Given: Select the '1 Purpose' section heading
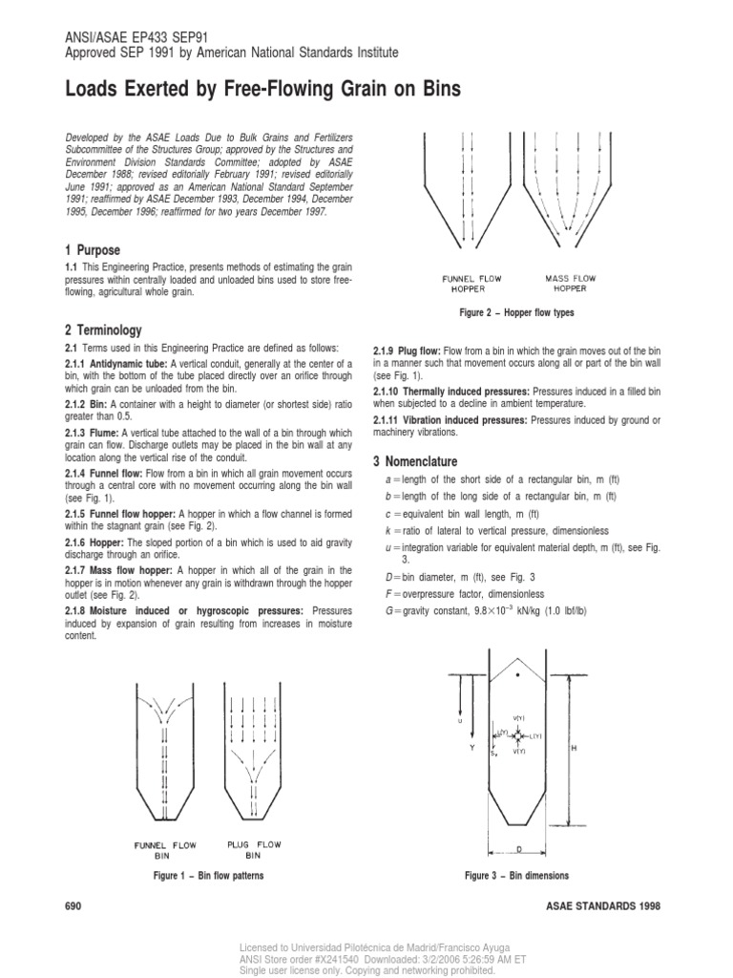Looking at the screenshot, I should tap(93, 249).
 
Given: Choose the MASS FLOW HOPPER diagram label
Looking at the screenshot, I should tap(571, 284).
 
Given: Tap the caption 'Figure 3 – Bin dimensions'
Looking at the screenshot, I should tap(516, 875).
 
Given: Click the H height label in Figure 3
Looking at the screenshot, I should tap(573, 749).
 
